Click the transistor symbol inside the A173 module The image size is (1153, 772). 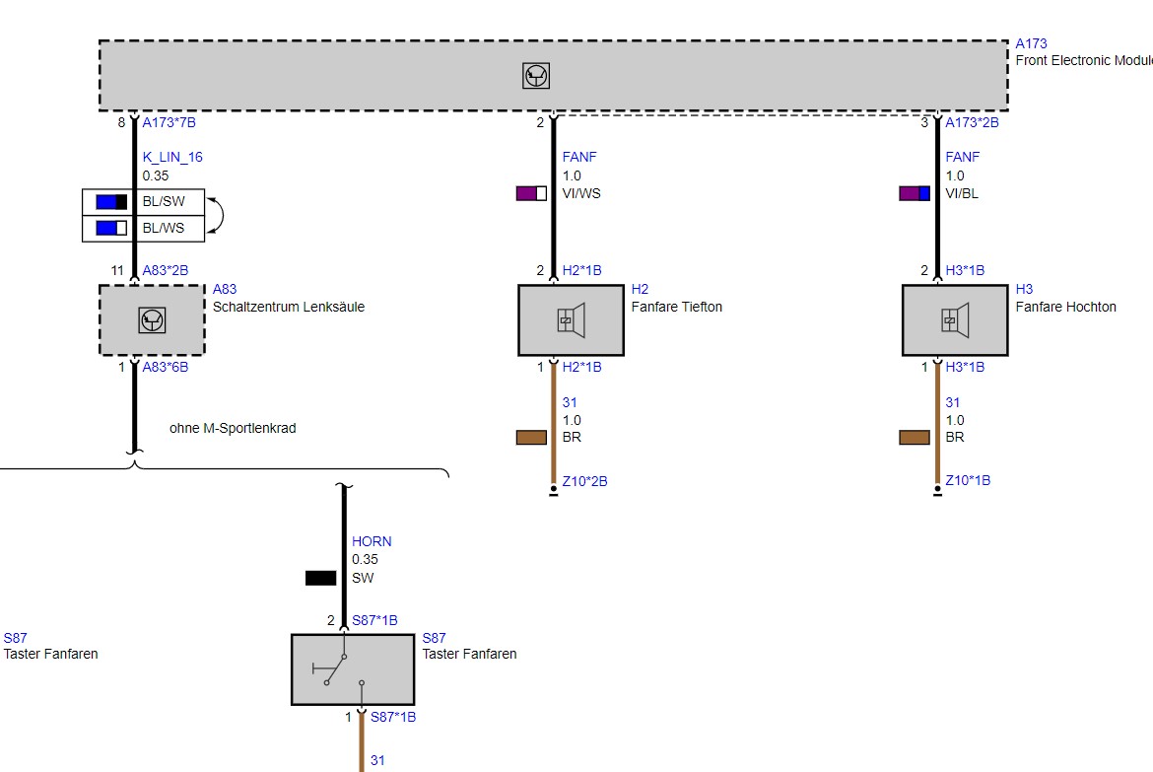pos(536,76)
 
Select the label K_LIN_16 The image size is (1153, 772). pos(172,157)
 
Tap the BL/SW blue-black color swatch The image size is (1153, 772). pos(111,202)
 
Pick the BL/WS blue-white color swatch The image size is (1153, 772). pos(111,228)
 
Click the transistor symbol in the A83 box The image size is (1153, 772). pos(152,320)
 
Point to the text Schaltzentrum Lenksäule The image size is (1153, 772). pos(288,307)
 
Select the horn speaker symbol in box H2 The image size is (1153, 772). pos(572,320)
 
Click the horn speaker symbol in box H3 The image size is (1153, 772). pos(955,320)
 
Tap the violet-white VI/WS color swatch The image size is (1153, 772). pos(531,193)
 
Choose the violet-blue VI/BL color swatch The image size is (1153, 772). pos(915,193)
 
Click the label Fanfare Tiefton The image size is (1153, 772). pos(676,307)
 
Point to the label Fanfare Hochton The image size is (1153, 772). pos(1065,307)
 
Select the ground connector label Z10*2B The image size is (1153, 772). pos(584,481)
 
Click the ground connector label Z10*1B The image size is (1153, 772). pos(968,480)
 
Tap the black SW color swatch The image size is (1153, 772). pos(320,579)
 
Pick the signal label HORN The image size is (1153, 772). pos(372,541)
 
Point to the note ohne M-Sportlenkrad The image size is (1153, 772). pos(233,428)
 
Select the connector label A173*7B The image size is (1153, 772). pos(170,122)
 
